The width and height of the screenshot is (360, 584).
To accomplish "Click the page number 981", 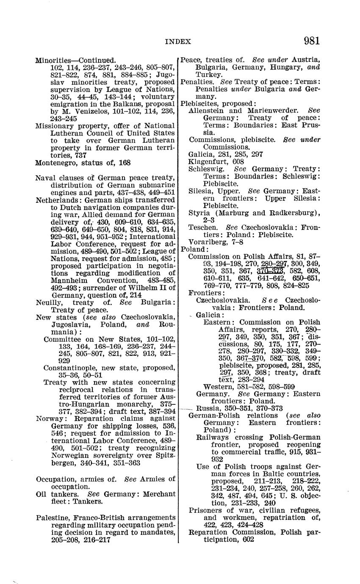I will point(311,41).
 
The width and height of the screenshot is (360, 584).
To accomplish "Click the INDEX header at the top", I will point(178,42).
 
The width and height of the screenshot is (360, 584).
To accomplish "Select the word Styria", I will point(198,213).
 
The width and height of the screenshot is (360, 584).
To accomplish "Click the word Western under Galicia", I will point(217,387).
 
